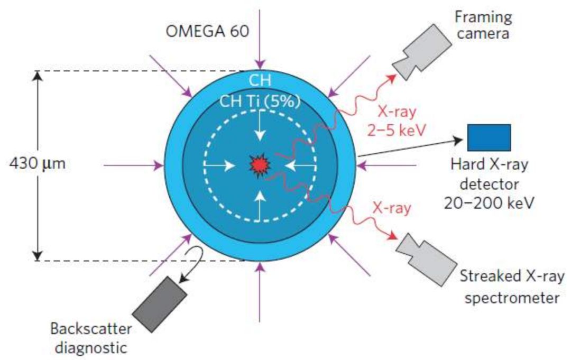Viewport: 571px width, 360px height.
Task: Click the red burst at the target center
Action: click(260, 166)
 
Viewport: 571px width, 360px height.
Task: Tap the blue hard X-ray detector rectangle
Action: click(489, 137)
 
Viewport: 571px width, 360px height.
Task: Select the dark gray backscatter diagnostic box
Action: click(160, 304)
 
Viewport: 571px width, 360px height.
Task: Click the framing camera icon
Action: click(422, 52)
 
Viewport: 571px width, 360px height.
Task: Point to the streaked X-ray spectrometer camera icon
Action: click(426, 259)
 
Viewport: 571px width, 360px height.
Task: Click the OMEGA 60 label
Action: click(207, 31)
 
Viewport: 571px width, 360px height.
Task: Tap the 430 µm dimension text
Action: click(38, 163)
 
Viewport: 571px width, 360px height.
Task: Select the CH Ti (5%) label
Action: click(260, 101)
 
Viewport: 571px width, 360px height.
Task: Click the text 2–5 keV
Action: click(397, 130)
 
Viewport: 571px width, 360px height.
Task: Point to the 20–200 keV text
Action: click(489, 203)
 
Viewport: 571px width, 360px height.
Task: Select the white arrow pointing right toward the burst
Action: click(219, 166)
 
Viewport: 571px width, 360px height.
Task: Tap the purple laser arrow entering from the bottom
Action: click(259, 292)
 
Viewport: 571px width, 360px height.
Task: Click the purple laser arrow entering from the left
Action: click(134, 165)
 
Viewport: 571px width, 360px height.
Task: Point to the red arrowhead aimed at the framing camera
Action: click(391, 78)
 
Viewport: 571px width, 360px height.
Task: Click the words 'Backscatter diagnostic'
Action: click(91, 338)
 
